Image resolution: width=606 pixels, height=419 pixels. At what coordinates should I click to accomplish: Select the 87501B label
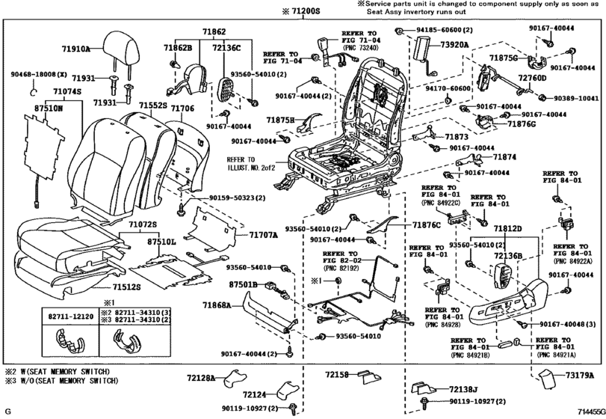click(x=243, y=285)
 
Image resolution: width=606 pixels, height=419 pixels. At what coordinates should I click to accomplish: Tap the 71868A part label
click(x=236, y=305)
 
